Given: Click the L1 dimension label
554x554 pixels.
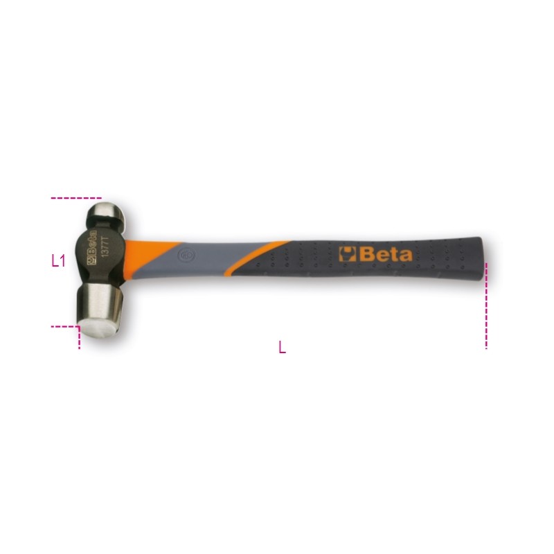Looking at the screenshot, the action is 58,261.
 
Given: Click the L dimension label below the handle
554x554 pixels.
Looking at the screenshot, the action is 282,347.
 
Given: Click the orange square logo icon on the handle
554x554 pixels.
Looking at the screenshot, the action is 348,253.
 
